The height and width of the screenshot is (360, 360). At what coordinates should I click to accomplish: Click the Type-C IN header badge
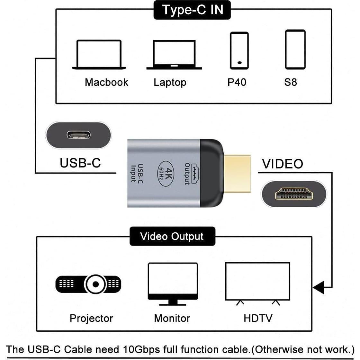[x=192, y=10]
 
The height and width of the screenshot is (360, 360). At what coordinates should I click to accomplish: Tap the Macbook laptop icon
[x=99, y=55]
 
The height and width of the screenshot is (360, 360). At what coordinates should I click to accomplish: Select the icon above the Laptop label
[x=174, y=55]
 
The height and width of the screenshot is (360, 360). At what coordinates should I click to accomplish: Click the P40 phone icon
[x=239, y=51]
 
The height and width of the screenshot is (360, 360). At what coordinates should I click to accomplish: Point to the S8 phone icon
[x=295, y=50]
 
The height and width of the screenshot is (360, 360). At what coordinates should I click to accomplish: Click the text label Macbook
[x=106, y=82]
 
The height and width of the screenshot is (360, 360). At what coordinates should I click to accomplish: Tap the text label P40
[x=237, y=82]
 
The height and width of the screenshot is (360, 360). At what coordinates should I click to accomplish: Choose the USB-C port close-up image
[x=78, y=135]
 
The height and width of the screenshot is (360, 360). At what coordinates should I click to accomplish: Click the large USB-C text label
[x=80, y=163]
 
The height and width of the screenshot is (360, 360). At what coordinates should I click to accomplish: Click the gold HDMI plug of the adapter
[x=237, y=175]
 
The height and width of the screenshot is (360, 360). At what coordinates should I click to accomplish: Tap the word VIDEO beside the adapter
[x=283, y=164]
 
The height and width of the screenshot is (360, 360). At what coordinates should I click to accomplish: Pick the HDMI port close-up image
[x=294, y=194]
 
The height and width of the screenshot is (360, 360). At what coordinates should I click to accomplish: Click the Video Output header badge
[x=172, y=237]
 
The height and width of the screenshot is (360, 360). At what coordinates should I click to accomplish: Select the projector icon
[x=89, y=284]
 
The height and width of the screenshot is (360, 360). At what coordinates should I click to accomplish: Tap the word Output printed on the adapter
[x=187, y=174]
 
